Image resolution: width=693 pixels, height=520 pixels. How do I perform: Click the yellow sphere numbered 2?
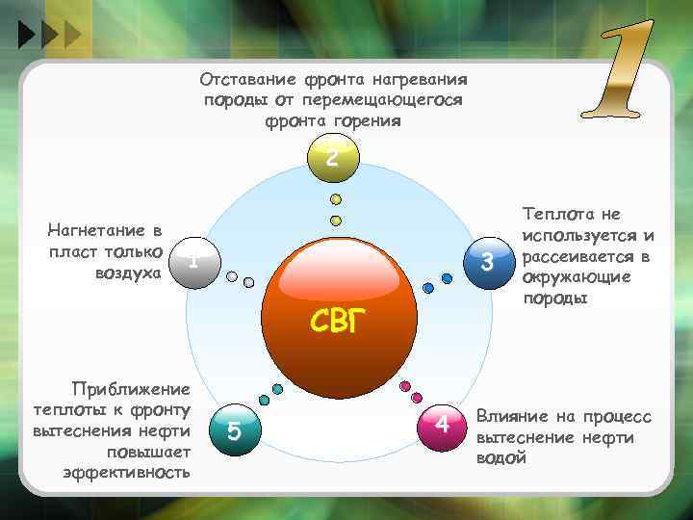point(331,158)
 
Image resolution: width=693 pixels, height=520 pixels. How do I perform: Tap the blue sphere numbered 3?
point(486,261)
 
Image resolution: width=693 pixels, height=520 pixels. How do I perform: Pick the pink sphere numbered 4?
point(440,425)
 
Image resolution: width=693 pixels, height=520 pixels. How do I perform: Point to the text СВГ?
point(339,322)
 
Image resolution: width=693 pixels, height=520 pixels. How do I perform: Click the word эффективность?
point(126,473)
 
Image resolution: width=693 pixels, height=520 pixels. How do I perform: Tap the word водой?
point(501,458)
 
